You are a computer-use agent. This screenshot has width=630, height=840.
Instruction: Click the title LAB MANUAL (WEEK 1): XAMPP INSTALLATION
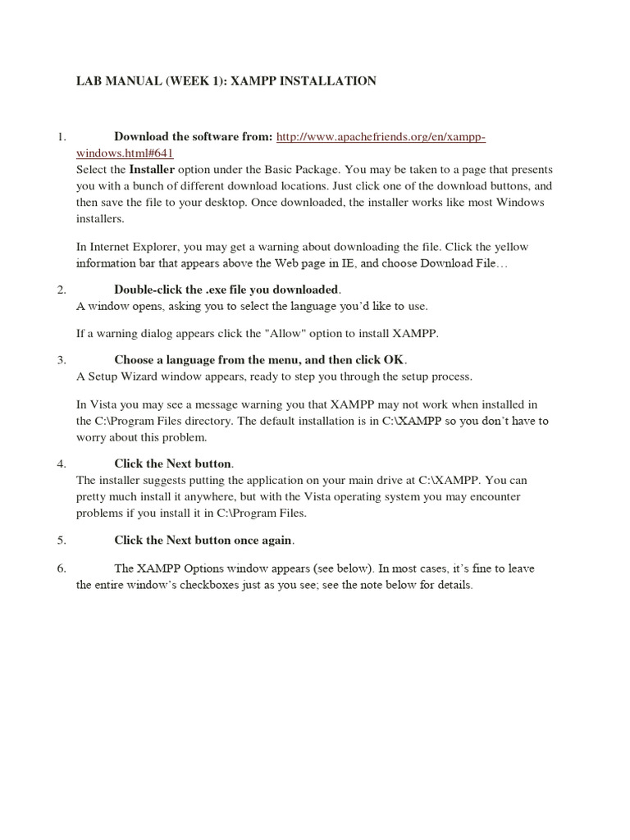click(226, 80)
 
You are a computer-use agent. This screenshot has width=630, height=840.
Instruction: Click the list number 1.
click(61, 136)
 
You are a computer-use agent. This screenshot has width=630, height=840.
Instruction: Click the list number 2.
click(61, 290)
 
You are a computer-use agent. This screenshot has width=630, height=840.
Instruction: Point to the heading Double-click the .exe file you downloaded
click(226, 290)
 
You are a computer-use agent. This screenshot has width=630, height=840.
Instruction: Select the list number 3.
click(61, 360)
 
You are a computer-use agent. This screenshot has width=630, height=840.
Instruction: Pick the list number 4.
click(61, 463)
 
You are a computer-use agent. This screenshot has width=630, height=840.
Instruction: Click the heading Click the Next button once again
click(203, 541)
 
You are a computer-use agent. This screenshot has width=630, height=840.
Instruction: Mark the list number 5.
click(61, 541)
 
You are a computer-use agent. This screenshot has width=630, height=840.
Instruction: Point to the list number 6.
click(61, 568)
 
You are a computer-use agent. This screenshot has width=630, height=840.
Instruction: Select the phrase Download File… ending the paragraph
click(464, 263)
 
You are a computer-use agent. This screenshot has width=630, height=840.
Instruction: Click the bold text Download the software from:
click(193, 136)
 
